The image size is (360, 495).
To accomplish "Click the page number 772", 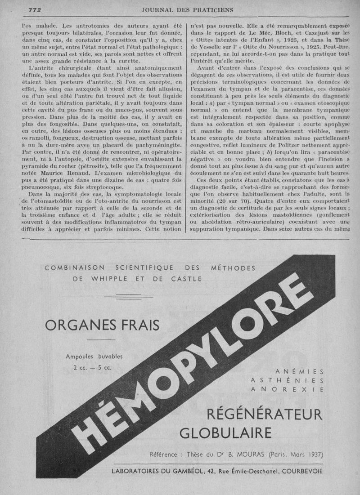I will (35, 9).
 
